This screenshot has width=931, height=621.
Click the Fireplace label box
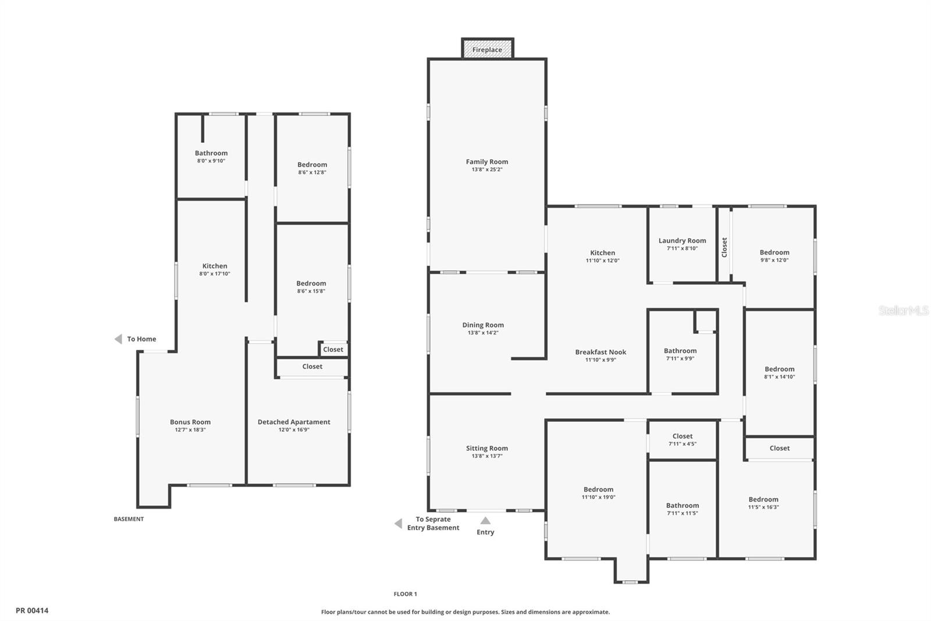[x=487, y=50]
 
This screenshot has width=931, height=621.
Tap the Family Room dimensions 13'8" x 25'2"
[x=487, y=170]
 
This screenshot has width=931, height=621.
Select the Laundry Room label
[x=682, y=241]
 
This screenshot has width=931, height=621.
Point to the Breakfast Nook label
[x=600, y=352]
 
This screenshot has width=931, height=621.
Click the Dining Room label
[x=483, y=325]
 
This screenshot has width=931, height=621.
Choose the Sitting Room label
[x=486, y=448]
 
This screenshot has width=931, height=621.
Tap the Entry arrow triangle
[x=485, y=521]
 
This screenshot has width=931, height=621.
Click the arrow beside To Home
[x=118, y=339]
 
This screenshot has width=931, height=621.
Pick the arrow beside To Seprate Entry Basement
[x=399, y=524]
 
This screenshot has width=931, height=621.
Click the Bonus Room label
[x=190, y=422]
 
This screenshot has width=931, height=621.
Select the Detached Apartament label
[x=294, y=422]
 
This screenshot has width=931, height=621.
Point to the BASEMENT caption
[x=129, y=519]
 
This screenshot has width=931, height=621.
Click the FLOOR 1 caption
[x=405, y=594]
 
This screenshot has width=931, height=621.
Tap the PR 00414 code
[x=32, y=611]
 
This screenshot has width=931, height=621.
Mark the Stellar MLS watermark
[x=903, y=311]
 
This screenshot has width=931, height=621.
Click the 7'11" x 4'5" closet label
[x=683, y=444]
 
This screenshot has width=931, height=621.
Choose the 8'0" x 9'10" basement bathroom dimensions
[x=211, y=161]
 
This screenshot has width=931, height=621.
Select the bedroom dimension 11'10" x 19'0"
[x=598, y=497]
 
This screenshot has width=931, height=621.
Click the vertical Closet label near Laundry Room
[x=724, y=247]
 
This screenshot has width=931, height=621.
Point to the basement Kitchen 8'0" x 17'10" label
[x=215, y=270]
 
